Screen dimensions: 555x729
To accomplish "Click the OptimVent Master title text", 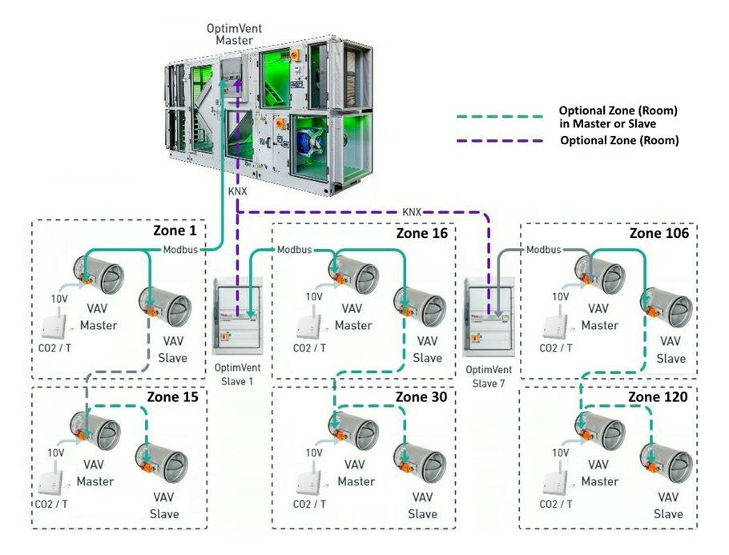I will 234,34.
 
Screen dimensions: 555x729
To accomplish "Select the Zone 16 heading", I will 421,233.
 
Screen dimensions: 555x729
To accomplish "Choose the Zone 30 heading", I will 421,396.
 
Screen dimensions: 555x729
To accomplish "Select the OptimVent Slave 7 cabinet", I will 489,314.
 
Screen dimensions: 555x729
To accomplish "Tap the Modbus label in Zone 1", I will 179,249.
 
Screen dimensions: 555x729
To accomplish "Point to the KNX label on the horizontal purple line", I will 411,212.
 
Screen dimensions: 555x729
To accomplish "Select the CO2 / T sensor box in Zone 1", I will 54,327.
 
